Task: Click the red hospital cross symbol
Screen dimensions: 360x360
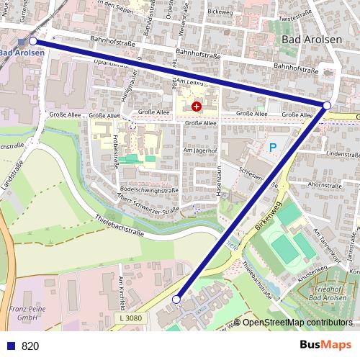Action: (197, 107)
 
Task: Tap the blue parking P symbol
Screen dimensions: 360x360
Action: (273, 148)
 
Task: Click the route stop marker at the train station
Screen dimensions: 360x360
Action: (32, 42)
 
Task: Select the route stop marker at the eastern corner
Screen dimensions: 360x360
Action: (327, 106)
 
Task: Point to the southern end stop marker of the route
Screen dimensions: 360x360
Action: (176, 299)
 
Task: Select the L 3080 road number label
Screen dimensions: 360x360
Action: (131, 318)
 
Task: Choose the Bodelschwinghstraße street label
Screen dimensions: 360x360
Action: (139, 189)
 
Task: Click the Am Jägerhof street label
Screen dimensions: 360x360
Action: (200, 150)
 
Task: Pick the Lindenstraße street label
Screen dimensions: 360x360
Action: (342, 154)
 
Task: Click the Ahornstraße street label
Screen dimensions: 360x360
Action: (324, 184)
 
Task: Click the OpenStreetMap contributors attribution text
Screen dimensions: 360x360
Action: (297, 322)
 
